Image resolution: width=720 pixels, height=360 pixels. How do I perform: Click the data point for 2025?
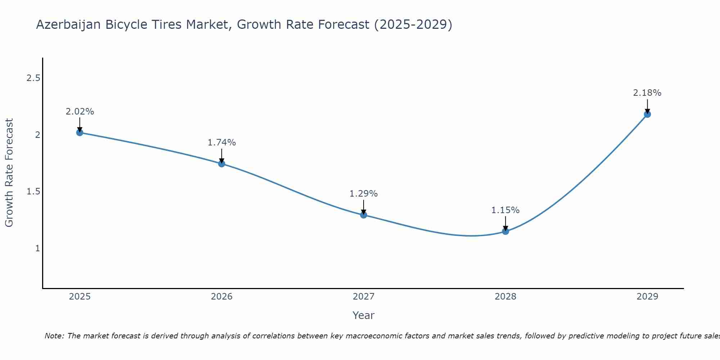(80, 132)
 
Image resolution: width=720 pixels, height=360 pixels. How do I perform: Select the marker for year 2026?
(222, 164)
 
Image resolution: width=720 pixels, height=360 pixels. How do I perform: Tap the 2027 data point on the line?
(364, 215)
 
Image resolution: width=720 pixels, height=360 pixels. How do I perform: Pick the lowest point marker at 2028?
(505, 231)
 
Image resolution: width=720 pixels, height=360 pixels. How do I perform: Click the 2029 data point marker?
(647, 114)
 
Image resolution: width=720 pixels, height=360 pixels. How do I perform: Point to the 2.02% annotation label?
(80, 112)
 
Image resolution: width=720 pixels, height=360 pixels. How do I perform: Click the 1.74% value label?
(222, 143)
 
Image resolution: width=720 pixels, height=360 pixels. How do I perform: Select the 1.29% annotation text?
(364, 194)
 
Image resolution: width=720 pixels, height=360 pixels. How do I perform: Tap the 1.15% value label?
(505, 210)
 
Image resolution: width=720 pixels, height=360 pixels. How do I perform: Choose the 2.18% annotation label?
(647, 93)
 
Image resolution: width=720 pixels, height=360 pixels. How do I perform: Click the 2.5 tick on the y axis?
(33, 78)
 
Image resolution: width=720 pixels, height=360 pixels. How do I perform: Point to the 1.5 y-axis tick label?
(33, 192)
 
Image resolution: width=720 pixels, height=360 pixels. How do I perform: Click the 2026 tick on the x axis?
(222, 297)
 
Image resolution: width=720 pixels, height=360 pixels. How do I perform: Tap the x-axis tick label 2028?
(505, 297)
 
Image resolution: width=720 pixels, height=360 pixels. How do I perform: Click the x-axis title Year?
(364, 315)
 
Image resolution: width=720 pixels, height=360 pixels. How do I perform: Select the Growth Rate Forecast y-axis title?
(9, 173)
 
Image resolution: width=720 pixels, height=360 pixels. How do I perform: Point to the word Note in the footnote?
(54, 336)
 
